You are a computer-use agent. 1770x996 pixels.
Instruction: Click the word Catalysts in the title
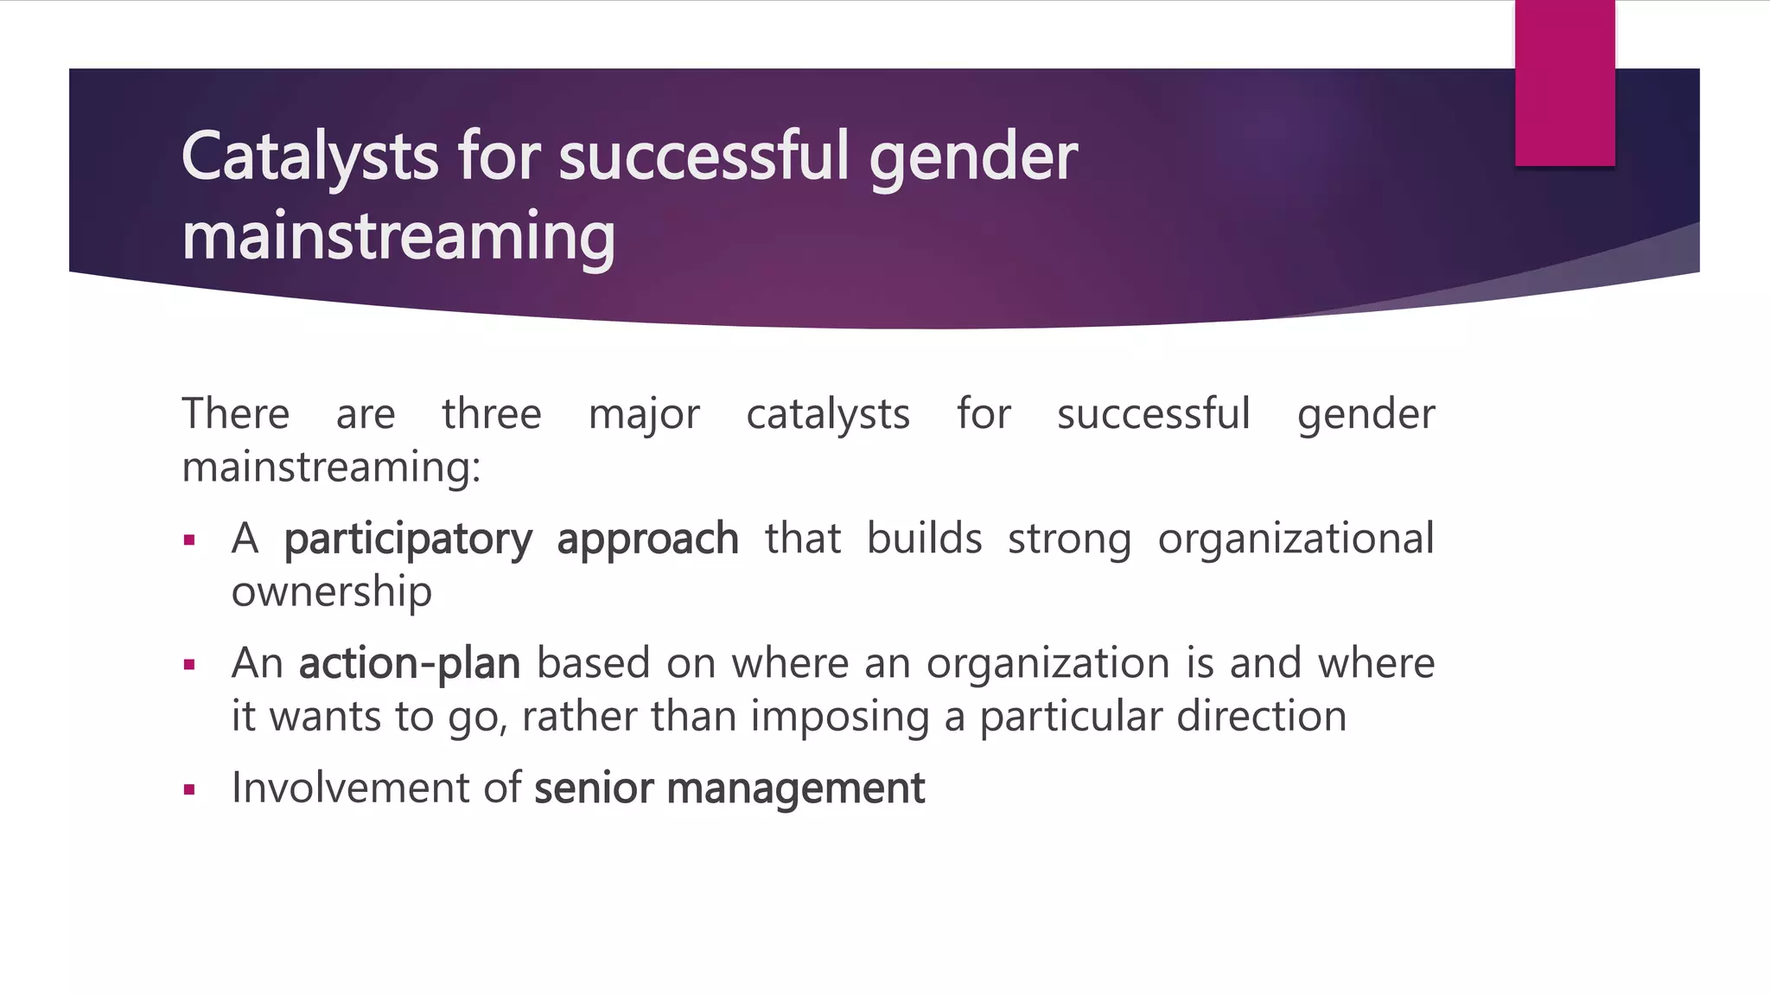coord(309,157)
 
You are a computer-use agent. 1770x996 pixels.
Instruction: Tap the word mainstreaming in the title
coord(398,237)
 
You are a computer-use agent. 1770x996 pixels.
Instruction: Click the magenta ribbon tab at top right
coord(1564,83)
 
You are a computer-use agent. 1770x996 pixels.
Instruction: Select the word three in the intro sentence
coord(491,414)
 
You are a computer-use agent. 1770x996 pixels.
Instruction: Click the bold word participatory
coord(408,540)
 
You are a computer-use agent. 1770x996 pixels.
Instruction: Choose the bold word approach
coord(647,540)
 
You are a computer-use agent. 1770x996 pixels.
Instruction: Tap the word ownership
coord(331,593)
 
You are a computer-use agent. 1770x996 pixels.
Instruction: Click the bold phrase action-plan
coord(409,664)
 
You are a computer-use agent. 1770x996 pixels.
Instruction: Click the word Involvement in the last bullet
coord(349,788)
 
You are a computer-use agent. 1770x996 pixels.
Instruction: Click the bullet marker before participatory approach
coord(190,541)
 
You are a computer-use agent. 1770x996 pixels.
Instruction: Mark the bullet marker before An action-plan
coord(190,665)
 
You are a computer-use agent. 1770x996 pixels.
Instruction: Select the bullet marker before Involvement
coord(190,789)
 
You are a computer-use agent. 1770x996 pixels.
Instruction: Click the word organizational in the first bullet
coord(1296,540)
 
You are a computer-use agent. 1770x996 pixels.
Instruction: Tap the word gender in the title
coord(972,159)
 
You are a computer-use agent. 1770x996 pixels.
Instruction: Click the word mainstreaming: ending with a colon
coord(331,468)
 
